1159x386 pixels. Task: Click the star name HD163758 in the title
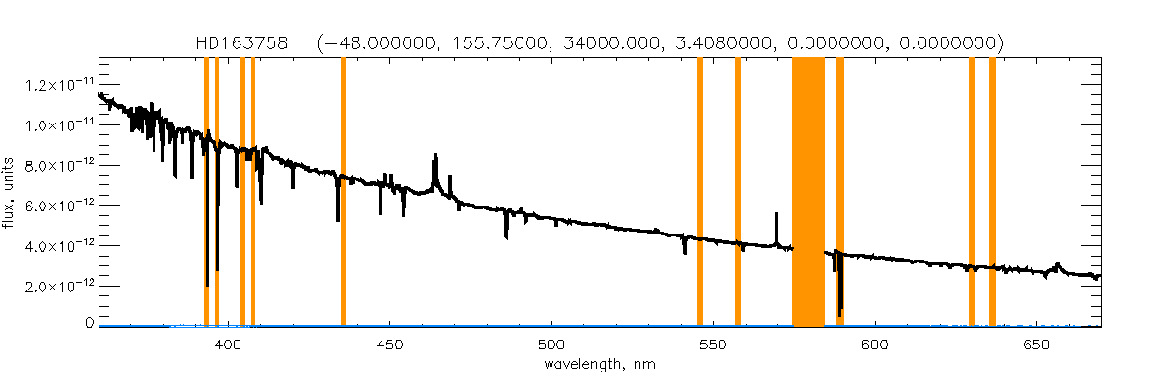[237, 43]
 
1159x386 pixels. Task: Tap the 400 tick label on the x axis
[229, 344]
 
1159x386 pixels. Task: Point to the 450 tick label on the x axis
[389, 344]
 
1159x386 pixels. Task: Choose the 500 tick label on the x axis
[551, 344]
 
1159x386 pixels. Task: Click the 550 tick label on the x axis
[712, 344]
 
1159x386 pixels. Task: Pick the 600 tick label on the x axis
[873, 344]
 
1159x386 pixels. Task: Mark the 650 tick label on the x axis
[1034, 344]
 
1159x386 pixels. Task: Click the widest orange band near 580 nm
[808, 193]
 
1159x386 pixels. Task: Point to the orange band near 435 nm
[343, 193]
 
